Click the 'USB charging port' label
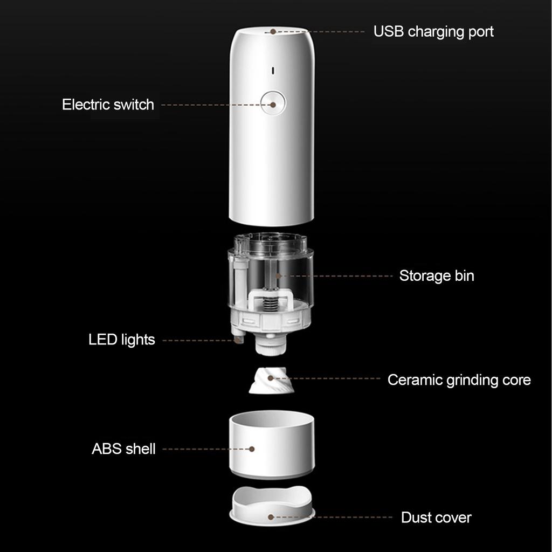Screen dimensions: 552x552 click(x=433, y=32)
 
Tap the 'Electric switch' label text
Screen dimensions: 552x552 click(x=108, y=105)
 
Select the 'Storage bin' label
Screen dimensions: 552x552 click(x=437, y=276)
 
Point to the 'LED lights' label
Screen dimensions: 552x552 click(x=122, y=340)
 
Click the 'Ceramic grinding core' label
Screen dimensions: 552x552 click(x=459, y=380)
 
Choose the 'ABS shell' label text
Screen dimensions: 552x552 click(x=123, y=449)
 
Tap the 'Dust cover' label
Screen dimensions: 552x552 click(x=436, y=517)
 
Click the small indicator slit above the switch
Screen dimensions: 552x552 click(x=273, y=71)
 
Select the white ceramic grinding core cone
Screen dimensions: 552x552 click(x=271, y=380)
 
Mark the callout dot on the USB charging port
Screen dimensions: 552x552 click(x=273, y=32)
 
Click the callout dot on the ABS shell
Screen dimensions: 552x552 click(x=252, y=449)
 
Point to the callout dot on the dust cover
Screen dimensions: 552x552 click(x=271, y=517)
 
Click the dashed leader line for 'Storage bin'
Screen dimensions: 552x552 click(x=336, y=276)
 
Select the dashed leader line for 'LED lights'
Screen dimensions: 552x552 click(x=198, y=341)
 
